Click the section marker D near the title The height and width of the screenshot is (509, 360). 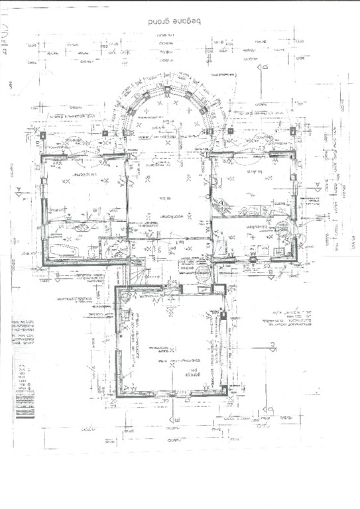263,68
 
